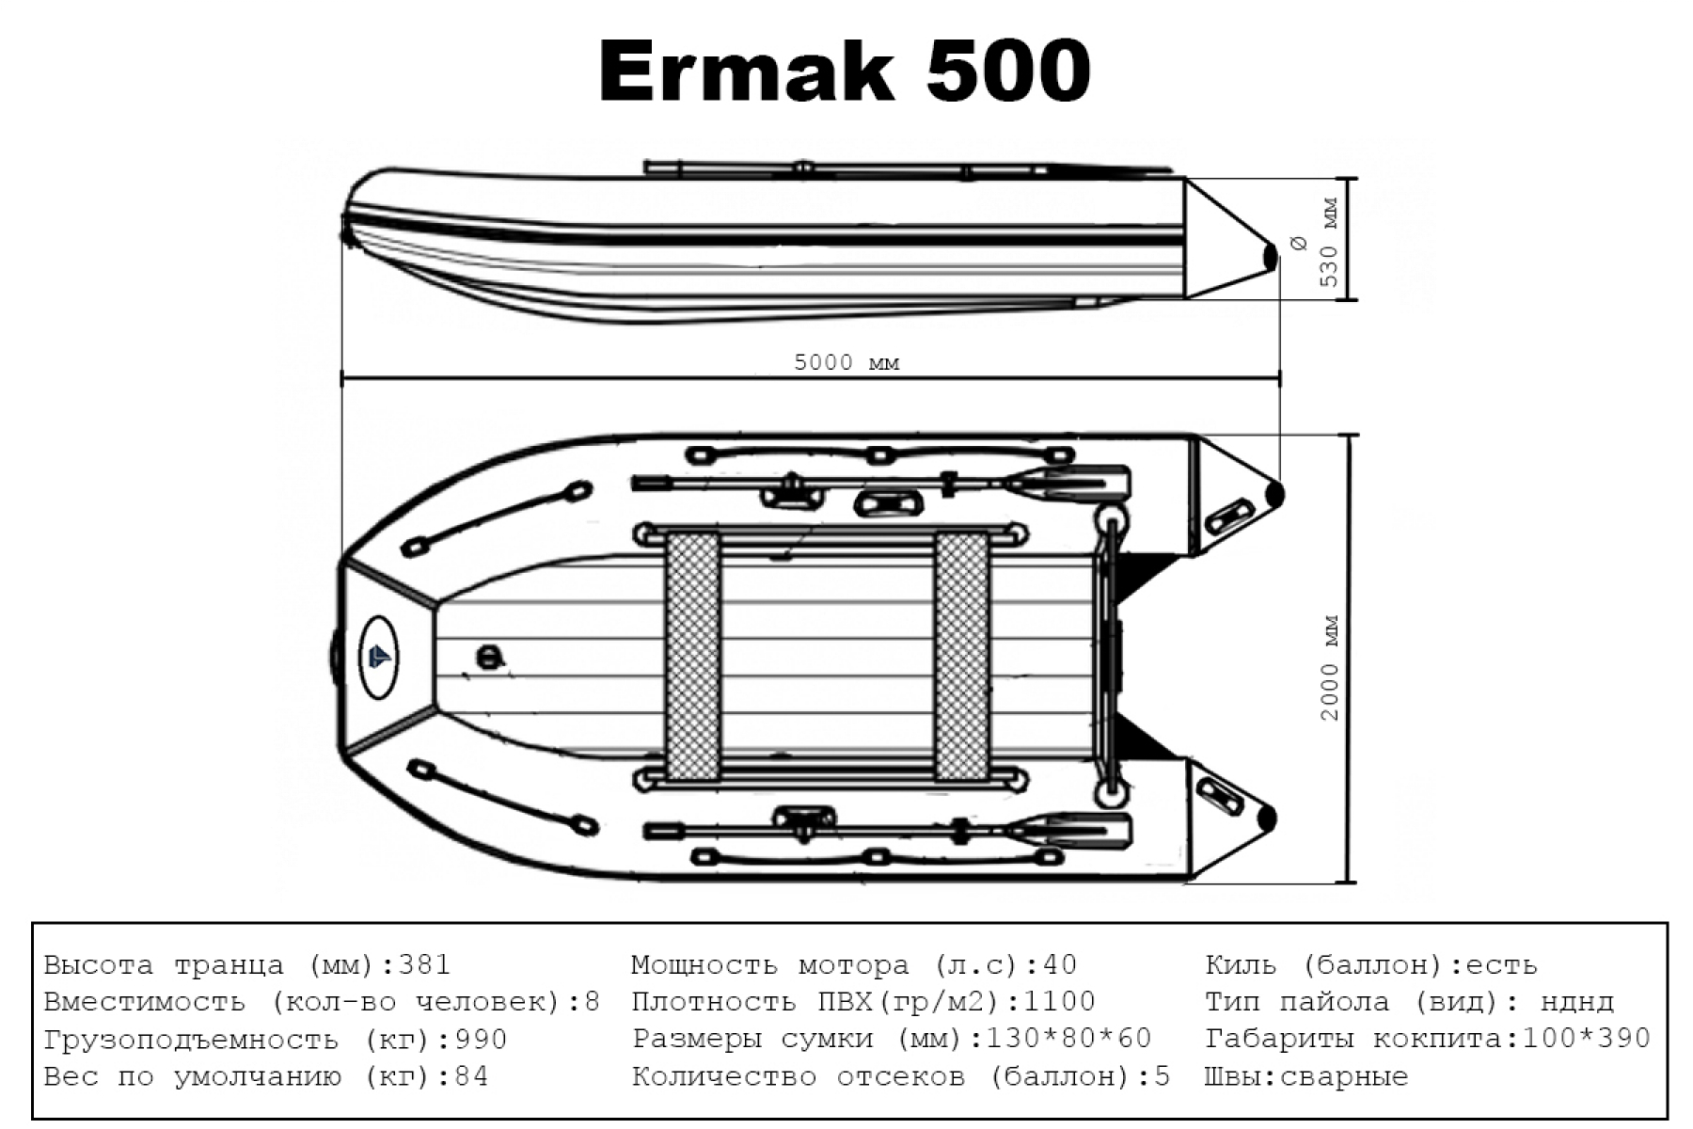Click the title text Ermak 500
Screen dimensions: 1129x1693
click(x=844, y=71)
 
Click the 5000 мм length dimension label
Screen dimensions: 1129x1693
click(x=846, y=362)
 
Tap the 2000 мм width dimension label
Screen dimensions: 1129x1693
click(x=1329, y=668)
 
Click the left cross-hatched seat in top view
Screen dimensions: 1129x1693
click(x=692, y=656)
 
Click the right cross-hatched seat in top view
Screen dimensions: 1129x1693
click(x=961, y=656)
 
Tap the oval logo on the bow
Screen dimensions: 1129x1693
click(x=378, y=657)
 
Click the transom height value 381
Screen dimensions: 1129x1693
click(x=425, y=965)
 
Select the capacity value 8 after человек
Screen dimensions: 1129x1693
click(x=592, y=1002)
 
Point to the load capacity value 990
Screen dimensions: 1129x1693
click(x=481, y=1040)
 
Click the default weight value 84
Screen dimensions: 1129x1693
click(x=471, y=1076)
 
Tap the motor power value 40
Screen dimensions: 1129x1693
click(x=1059, y=965)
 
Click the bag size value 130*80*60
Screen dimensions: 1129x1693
click(x=1068, y=1039)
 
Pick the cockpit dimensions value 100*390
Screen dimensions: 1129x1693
click(x=1586, y=1039)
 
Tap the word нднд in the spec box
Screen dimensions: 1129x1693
click(x=1577, y=1002)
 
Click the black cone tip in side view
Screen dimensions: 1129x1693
click(x=1270, y=255)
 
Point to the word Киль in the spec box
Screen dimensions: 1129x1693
click(x=1240, y=965)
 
